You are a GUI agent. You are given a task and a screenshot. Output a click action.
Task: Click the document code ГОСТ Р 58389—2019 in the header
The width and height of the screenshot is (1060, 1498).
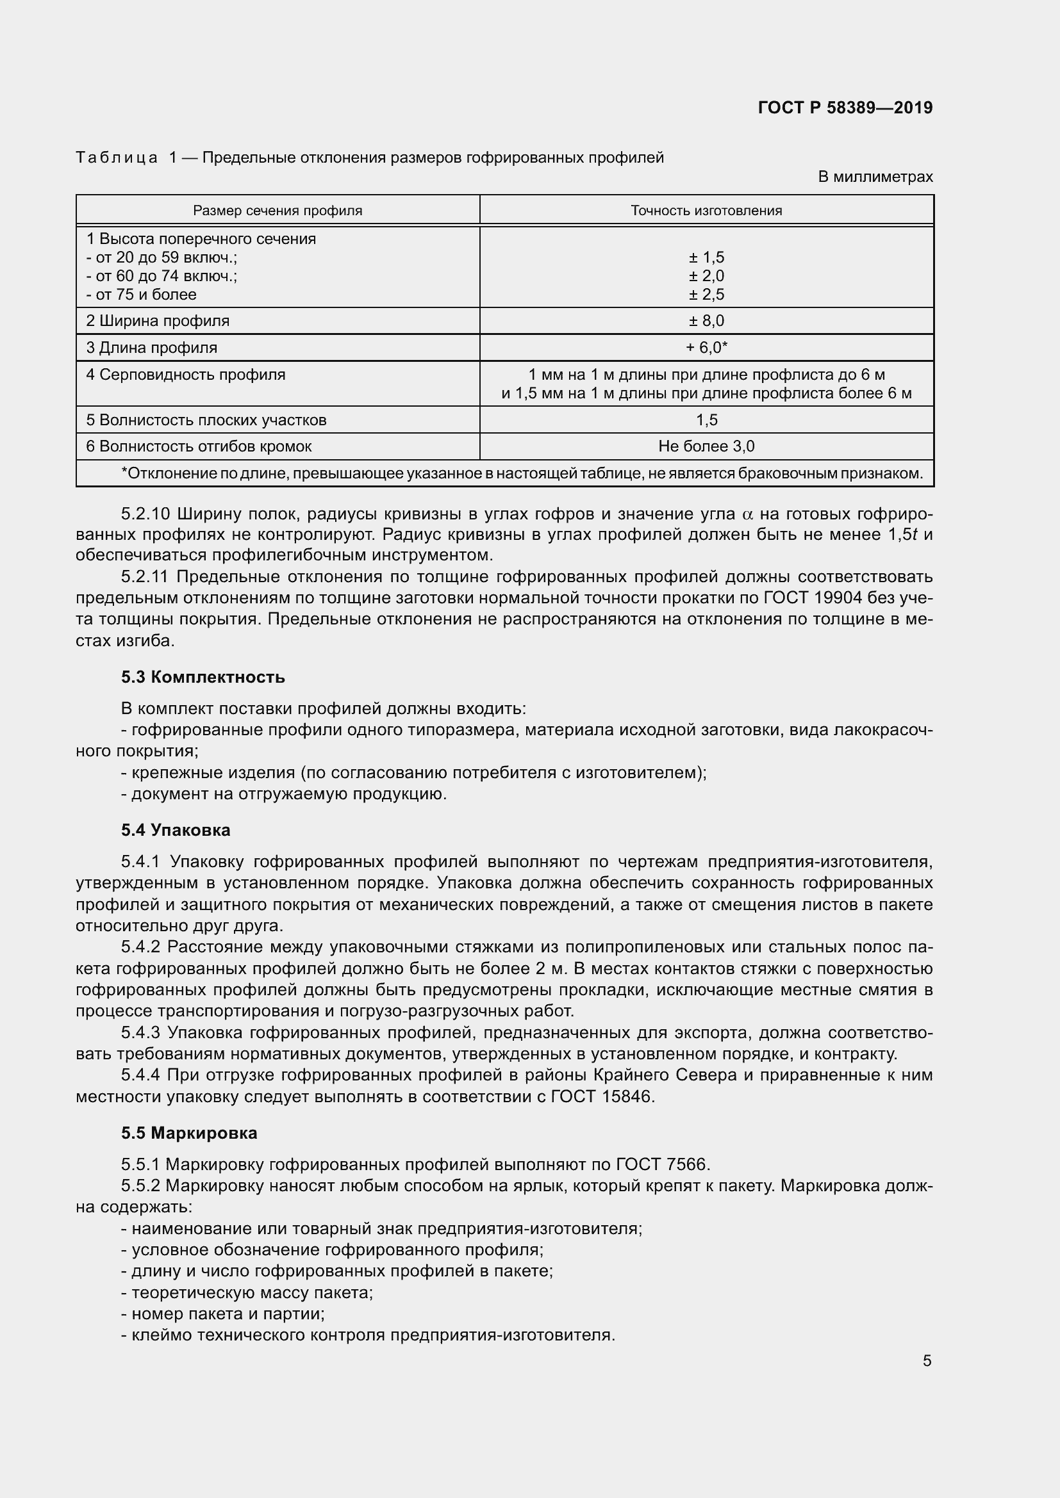pos(845,108)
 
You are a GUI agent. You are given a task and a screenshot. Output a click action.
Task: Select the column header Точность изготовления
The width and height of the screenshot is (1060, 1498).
pos(706,211)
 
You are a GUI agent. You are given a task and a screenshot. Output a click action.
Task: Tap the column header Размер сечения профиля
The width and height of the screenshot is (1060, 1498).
pos(277,211)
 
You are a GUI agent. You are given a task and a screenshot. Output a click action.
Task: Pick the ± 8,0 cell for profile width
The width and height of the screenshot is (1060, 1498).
pos(706,321)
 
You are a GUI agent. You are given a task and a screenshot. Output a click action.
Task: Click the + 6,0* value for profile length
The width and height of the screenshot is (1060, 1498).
pos(706,348)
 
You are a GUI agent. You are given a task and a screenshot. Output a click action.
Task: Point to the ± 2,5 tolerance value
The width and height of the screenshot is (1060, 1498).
pos(706,294)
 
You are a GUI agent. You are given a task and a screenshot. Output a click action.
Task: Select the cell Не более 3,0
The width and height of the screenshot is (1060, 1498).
pos(706,446)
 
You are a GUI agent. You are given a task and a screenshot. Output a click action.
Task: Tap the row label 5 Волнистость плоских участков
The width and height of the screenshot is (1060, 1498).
pos(206,420)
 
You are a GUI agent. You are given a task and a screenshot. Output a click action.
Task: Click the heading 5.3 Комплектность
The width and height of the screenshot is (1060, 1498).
pos(203,677)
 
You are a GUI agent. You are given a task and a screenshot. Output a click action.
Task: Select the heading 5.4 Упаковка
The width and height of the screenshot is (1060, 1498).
pos(176,830)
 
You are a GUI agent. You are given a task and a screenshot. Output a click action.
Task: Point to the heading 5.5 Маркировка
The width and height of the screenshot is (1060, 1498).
pos(189,1133)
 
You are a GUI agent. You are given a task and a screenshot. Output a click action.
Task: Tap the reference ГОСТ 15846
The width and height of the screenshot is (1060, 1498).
pos(602,1096)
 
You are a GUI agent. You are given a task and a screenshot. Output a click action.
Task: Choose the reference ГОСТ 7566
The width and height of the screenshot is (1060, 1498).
pos(661,1164)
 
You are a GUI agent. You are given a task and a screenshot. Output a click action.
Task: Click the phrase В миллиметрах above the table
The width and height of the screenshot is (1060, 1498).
pos(875,177)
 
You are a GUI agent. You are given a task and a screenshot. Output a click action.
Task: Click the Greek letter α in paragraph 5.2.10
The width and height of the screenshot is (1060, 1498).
pos(748,514)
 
